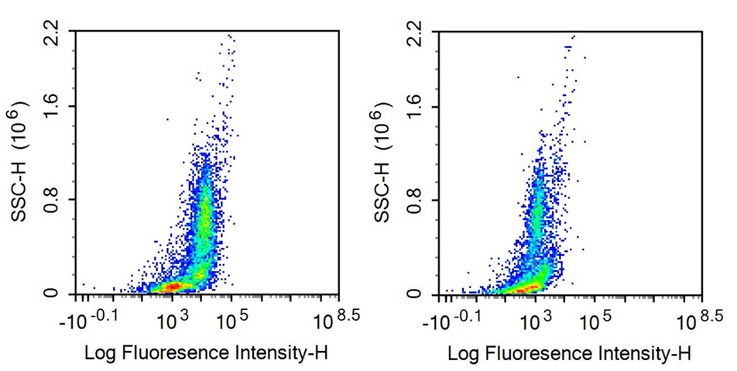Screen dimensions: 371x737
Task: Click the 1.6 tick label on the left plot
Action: click(x=52, y=107)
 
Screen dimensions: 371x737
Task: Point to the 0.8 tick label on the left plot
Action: click(x=52, y=200)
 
